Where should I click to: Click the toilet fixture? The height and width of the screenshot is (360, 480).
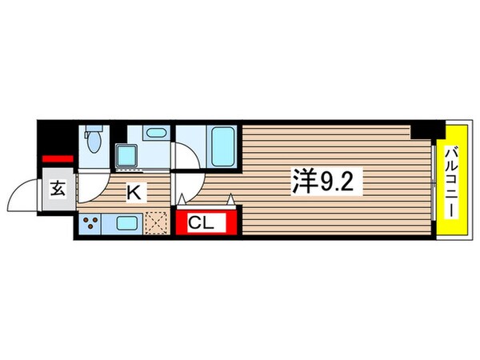click(94, 141)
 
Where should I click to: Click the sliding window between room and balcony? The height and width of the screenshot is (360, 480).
click(436, 182)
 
